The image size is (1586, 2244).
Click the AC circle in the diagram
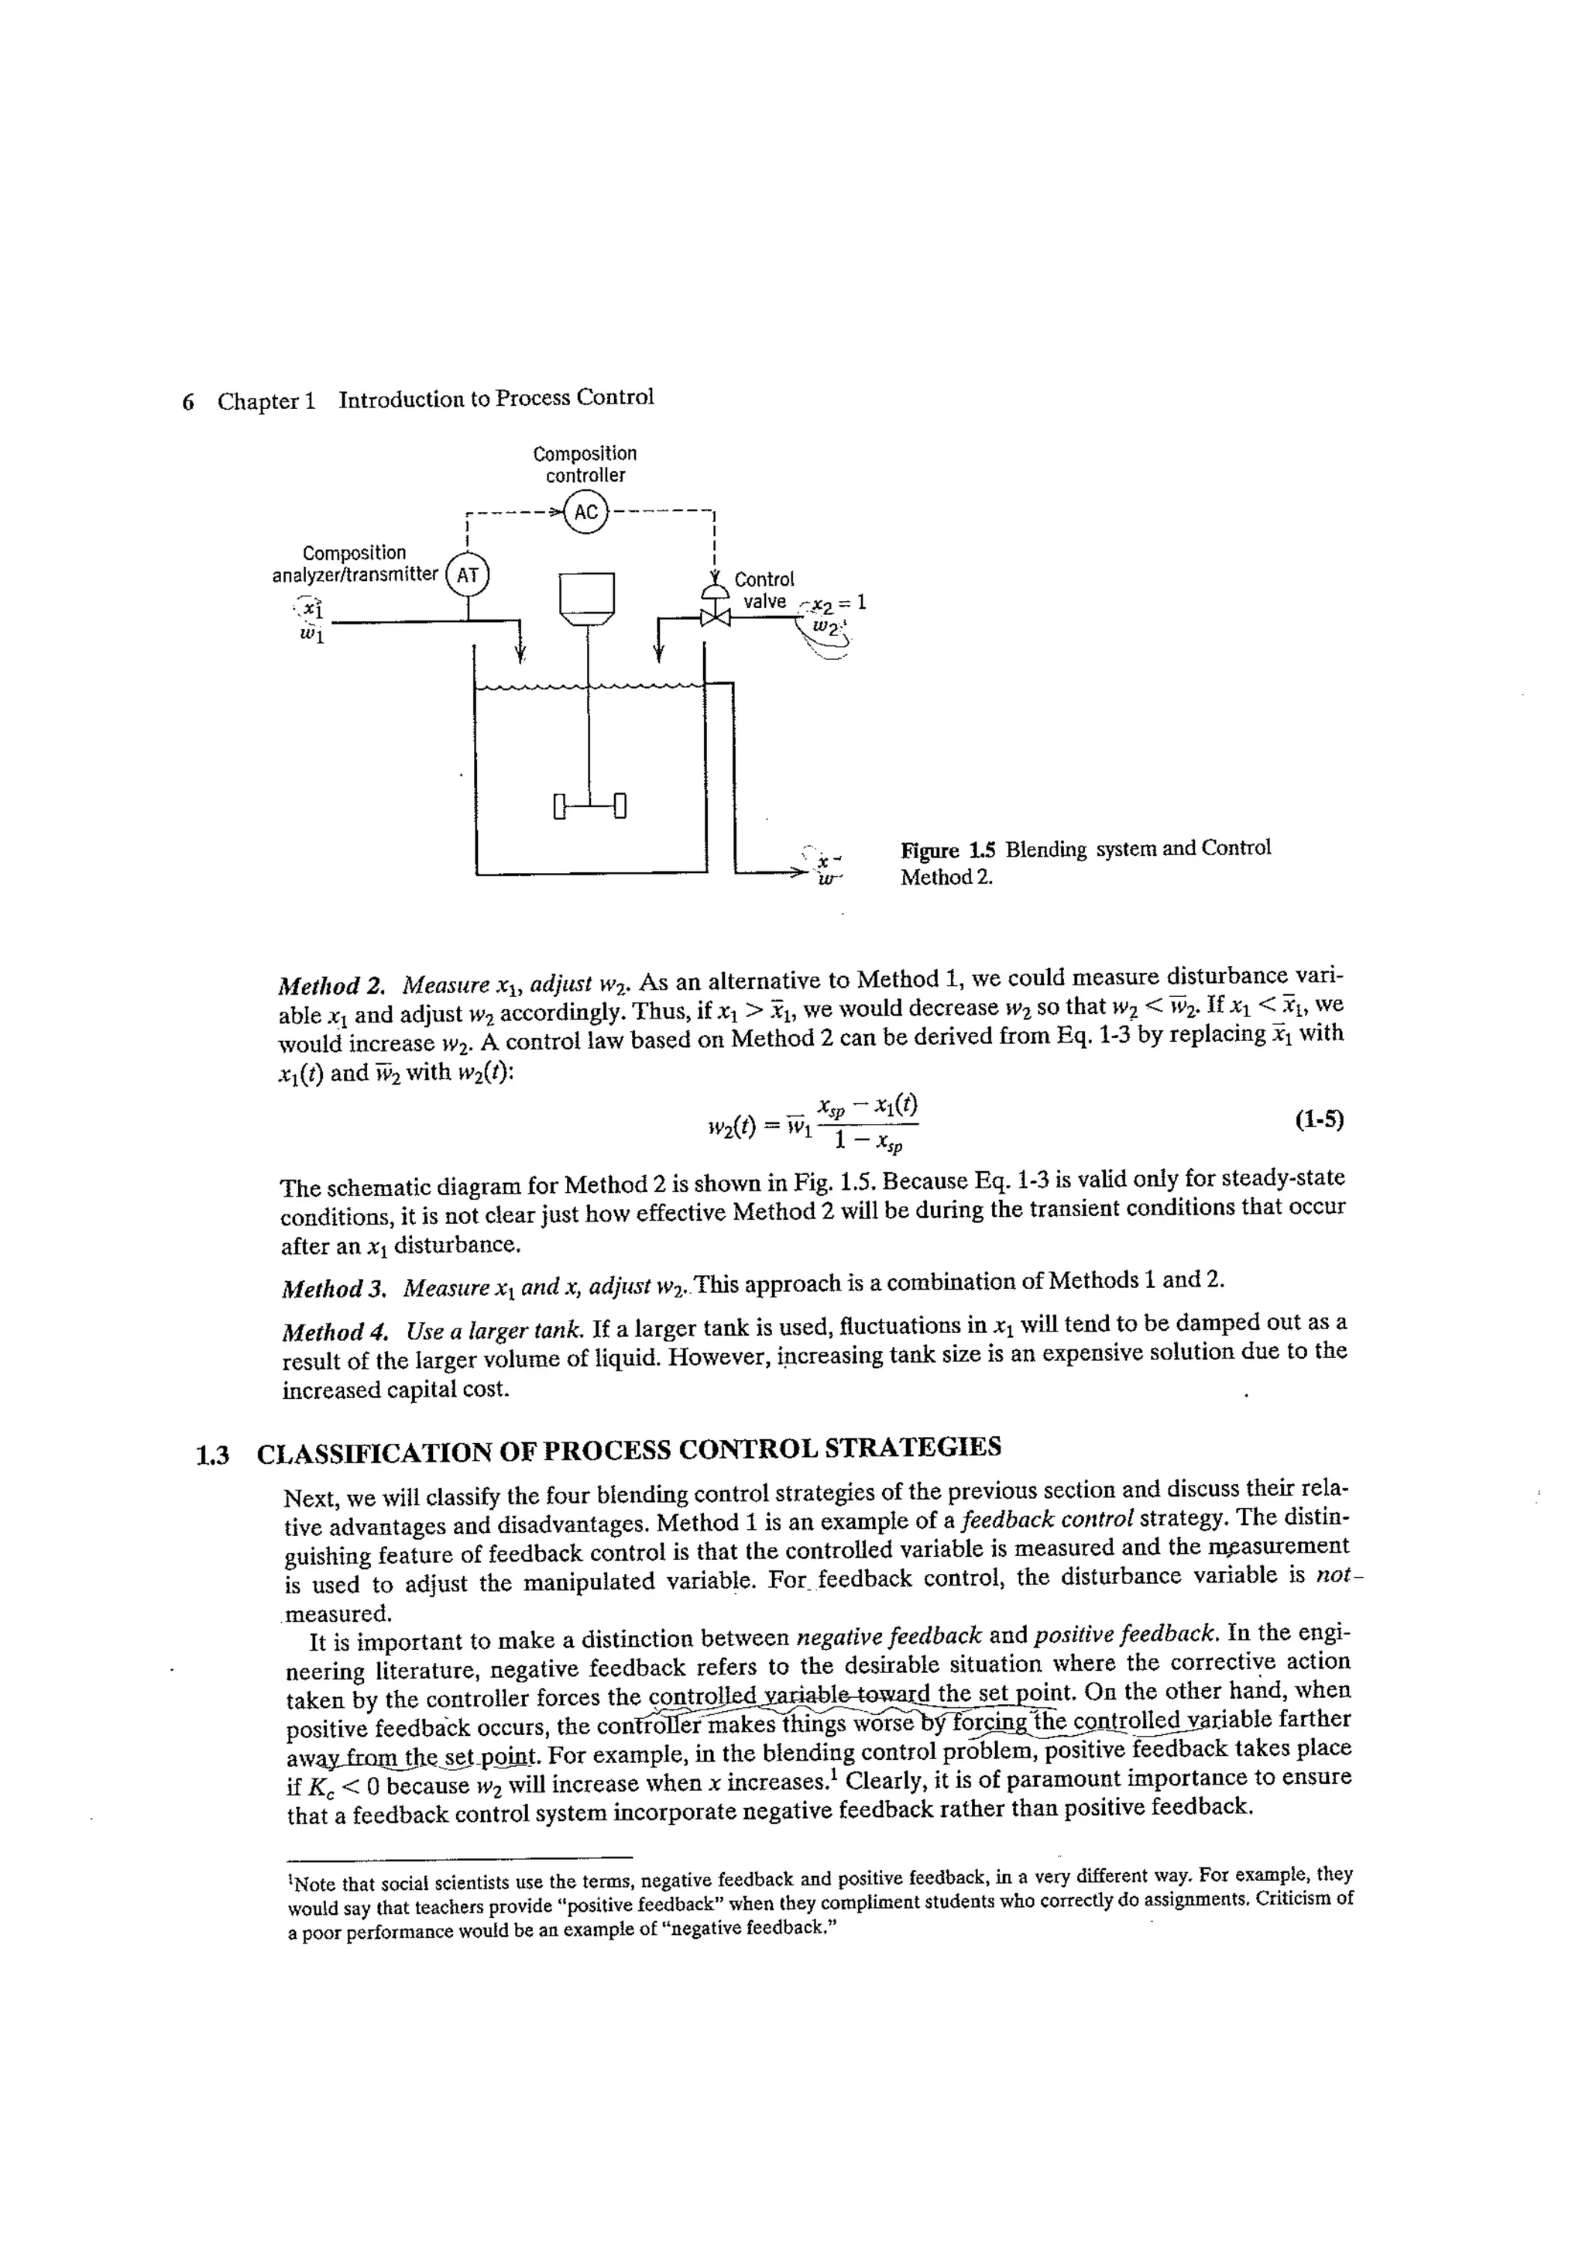click(585, 512)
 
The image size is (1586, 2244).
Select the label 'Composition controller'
click(585, 464)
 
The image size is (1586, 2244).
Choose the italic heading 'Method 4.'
click(335, 1332)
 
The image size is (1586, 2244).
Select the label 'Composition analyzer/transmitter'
click(355, 564)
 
